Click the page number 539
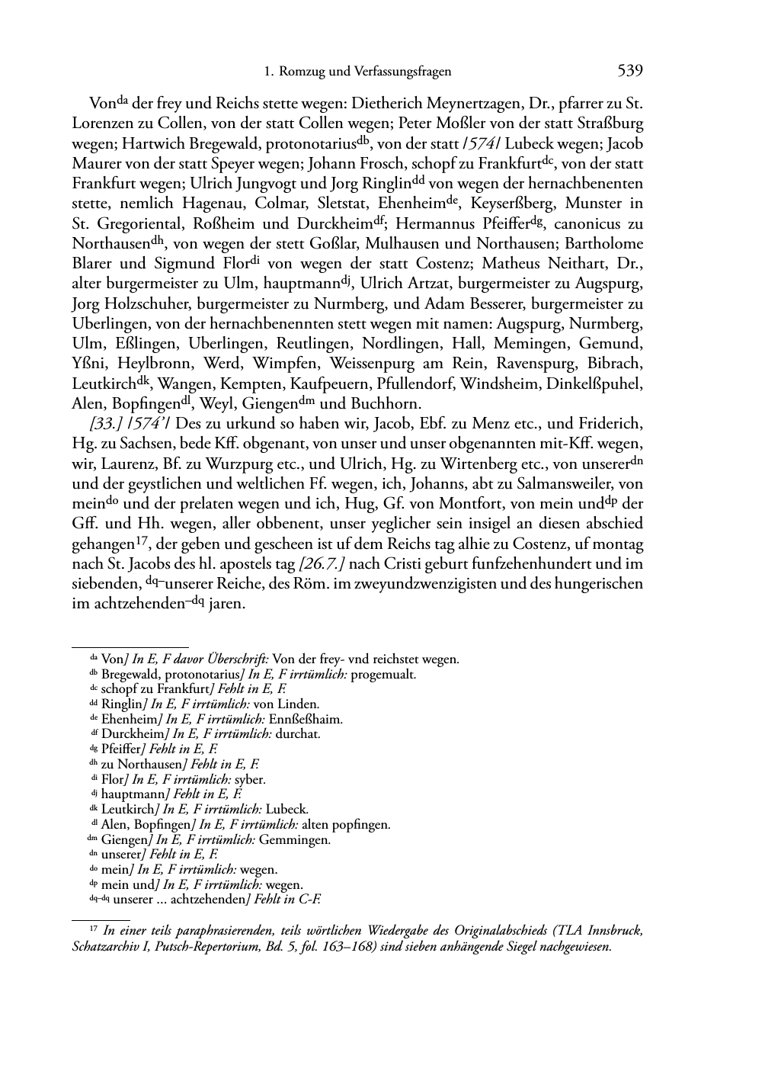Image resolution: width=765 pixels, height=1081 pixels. [630, 72]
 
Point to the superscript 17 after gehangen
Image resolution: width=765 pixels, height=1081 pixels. [140, 540]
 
